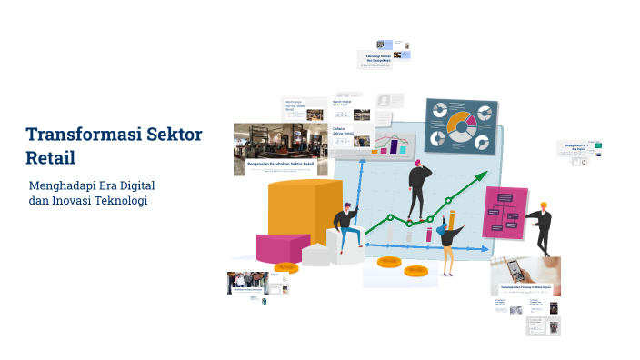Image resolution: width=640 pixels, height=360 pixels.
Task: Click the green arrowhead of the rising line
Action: pos(480,178)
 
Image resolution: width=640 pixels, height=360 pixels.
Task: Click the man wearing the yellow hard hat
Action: pos(541,227)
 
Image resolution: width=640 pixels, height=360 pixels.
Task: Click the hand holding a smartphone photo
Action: pos(525,271)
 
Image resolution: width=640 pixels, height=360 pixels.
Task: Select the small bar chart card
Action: pos(396,143)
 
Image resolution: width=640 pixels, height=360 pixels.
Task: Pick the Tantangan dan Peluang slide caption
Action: pos(525,289)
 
